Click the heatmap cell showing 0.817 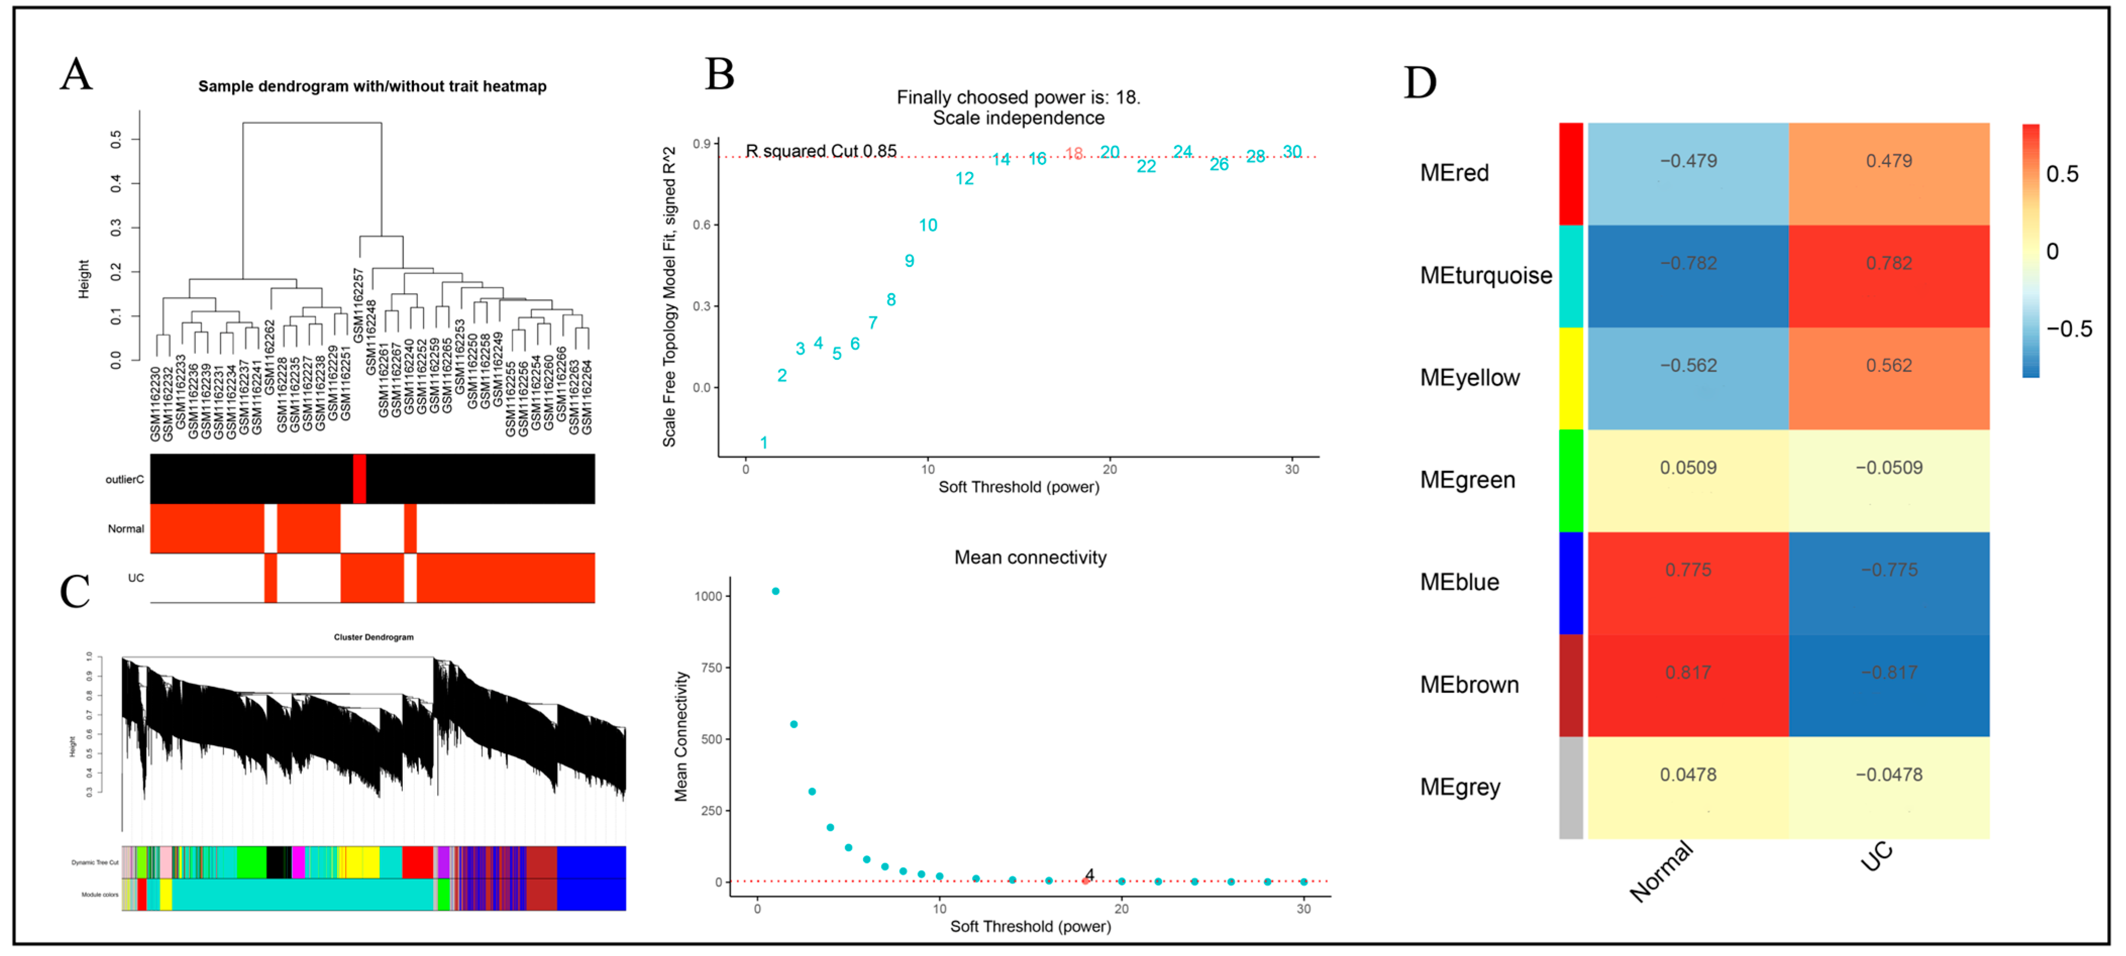click(1688, 685)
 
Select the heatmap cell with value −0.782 click(1688, 275)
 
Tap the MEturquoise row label click(1485, 275)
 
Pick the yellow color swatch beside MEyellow click(1571, 378)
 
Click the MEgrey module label click(1460, 787)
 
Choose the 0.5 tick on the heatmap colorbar click(2061, 174)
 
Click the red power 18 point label click(1073, 153)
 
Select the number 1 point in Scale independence click(763, 443)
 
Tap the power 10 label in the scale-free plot click(928, 225)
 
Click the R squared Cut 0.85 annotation click(820, 151)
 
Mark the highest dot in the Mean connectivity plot click(775, 591)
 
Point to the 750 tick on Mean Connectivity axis click(711, 667)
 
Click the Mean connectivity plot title click(1030, 557)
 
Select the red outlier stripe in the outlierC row click(359, 478)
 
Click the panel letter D click(1419, 83)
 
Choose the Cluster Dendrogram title click(373, 637)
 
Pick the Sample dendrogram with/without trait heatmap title click(371, 87)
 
